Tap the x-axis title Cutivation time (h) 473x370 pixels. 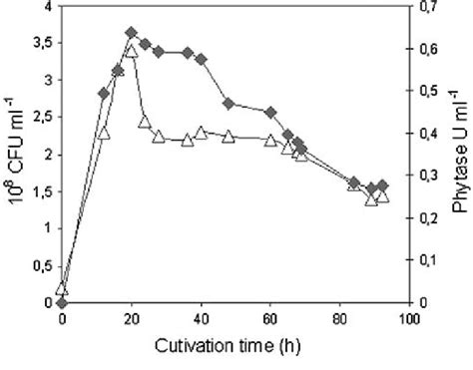pyautogui.click(x=232, y=348)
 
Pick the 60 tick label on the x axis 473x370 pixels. pyautogui.click(x=269, y=320)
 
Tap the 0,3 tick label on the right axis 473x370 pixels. pyautogui.click(x=426, y=176)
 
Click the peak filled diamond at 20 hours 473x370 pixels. pyautogui.click(x=131, y=33)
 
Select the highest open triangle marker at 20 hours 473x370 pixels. pyautogui.click(x=131, y=51)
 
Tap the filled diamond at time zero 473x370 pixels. pyautogui.click(x=62, y=302)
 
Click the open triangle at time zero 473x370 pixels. pyautogui.click(x=62, y=287)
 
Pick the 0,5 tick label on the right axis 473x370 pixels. pyautogui.click(x=426, y=92)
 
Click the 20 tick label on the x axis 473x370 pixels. pyautogui.click(x=131, y=320)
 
